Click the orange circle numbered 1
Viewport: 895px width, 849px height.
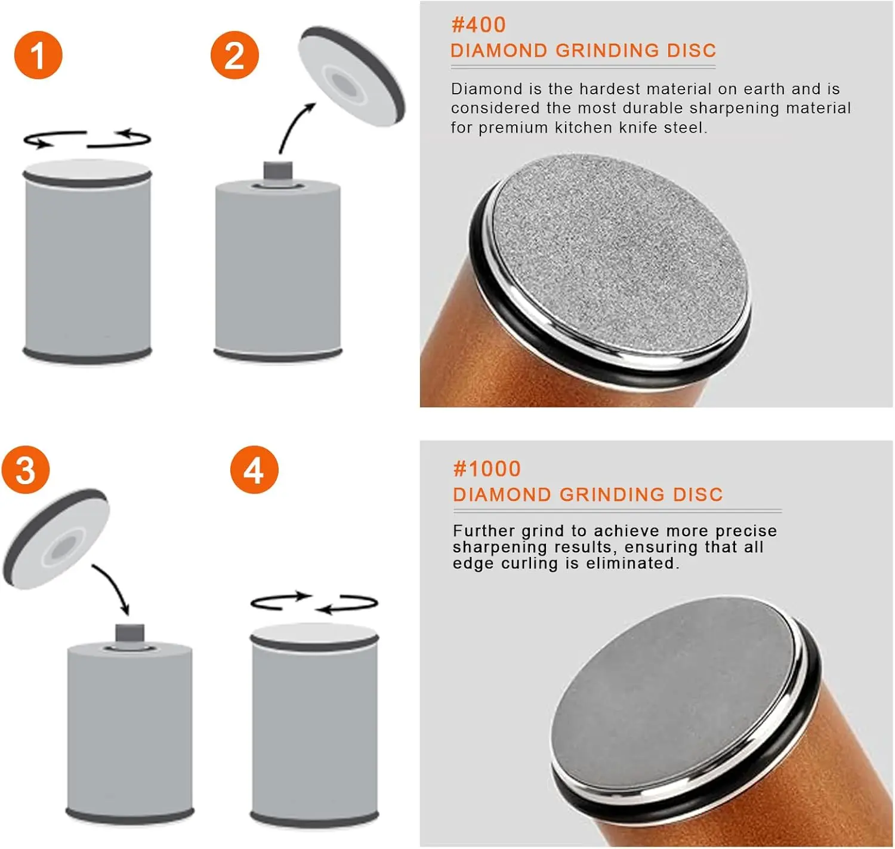point(38,55)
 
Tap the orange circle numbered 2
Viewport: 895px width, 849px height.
point(234,55)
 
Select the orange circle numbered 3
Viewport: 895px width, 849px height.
point(26,469)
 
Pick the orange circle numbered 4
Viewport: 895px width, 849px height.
point(254,469)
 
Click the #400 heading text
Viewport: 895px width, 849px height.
point(479,24)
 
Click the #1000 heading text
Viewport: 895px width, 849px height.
point(487,469)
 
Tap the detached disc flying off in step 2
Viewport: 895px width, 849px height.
point(351,76)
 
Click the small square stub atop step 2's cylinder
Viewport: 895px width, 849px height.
point(277,171)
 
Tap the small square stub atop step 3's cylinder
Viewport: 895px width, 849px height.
point(129,633)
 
